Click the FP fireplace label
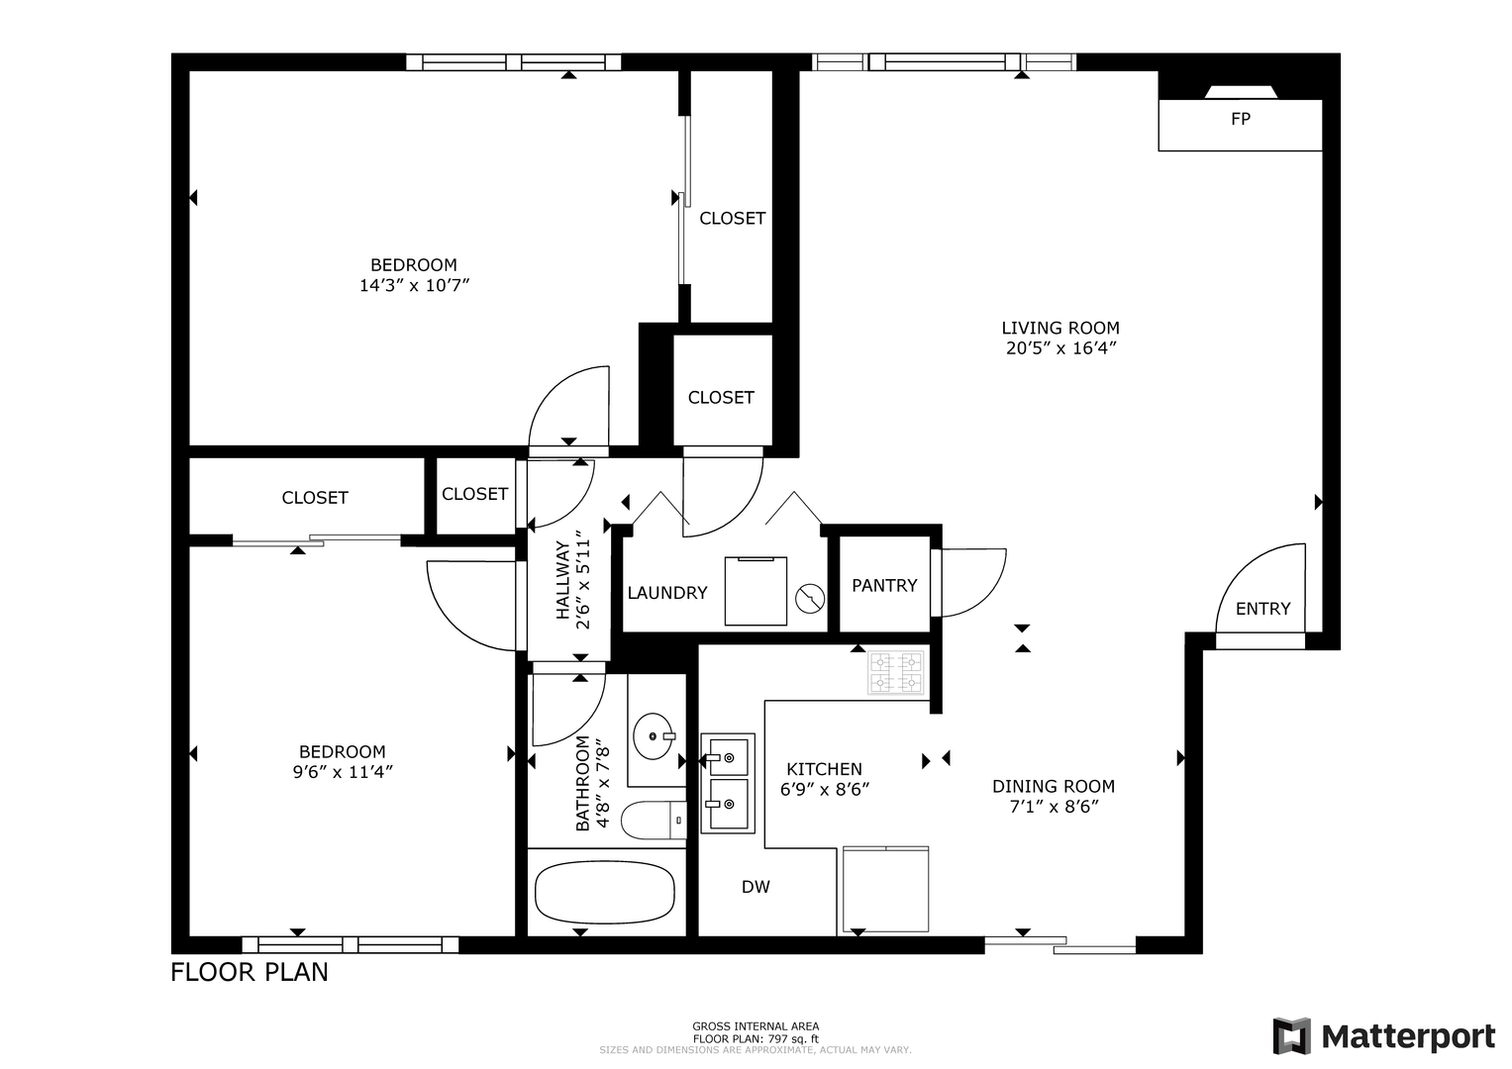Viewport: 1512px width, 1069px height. (x=1241, y=119)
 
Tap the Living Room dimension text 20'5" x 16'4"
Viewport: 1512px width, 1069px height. (x=1060, y=348)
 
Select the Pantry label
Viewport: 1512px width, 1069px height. (x=884, y=585)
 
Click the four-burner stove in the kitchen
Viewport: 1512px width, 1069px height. (x=896, y=672)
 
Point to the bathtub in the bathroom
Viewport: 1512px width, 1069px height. (x=605, y=892)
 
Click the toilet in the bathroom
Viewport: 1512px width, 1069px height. (x=655, y=820)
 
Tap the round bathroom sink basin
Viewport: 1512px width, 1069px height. (x=653, y=736)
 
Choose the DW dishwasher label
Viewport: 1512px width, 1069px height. (x=756, y=887)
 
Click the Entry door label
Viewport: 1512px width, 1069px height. (x=1262, y=609)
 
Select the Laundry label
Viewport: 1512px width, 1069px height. (x=667, y=593)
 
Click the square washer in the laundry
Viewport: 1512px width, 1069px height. (x=756, y=591)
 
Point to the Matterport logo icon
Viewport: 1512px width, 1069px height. (x=1291, y=1036)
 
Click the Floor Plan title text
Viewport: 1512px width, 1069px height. (x=250, y=972)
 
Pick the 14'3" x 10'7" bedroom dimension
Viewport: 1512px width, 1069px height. (x=415, y=285)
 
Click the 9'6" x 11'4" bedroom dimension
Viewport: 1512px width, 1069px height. (x=343, y=771)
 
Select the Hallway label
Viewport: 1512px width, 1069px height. (x=563, y=580)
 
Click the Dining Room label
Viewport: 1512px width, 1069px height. (x=1054, y=786)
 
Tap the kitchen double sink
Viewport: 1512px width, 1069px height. (x=728, y=784)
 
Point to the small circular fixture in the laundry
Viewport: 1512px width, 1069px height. (x=810, y=599)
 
